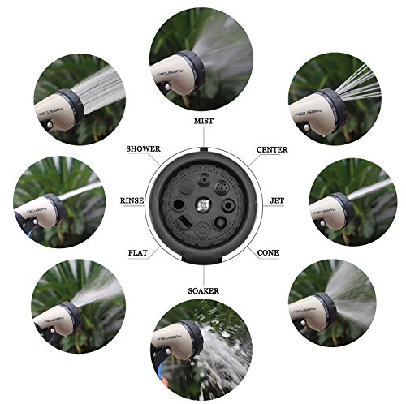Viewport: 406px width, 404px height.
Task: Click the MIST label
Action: [x=204, y=121]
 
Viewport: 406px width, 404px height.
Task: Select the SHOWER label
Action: [x=143, y=149]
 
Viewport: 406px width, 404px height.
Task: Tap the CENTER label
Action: [x=272, y=149]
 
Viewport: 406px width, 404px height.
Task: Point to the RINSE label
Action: [x=132, y=200]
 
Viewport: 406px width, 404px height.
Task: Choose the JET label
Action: [x=277, y=200]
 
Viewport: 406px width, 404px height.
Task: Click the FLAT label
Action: [x=138, y=253]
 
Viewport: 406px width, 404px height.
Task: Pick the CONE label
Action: [x=268, y=253]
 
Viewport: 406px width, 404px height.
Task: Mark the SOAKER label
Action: [x=204, y=291]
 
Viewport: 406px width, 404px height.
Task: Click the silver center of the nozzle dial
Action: [x=203, y=206]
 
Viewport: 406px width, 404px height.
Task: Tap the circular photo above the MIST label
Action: [x=201, y=59]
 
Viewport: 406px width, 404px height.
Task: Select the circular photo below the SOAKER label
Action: [x=201, y=350]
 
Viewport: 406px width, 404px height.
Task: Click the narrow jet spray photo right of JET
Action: [x=353, y=202]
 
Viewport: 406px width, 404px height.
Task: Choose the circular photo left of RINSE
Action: [x=59, y=202]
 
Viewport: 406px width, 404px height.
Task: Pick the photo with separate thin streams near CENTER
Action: [x=335, y=99]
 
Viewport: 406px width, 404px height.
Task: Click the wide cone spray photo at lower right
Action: [x=332, y=303]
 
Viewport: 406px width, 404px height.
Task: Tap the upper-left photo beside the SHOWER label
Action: [x=80, y=100]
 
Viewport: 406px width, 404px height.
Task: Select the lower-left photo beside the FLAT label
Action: [x=78, y=307]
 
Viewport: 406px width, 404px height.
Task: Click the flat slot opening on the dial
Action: [x=185, y=222]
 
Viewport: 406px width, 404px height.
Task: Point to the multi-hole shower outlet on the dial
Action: [x=222, y=187]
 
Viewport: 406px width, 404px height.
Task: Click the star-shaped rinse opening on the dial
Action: [x=179, y=206]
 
